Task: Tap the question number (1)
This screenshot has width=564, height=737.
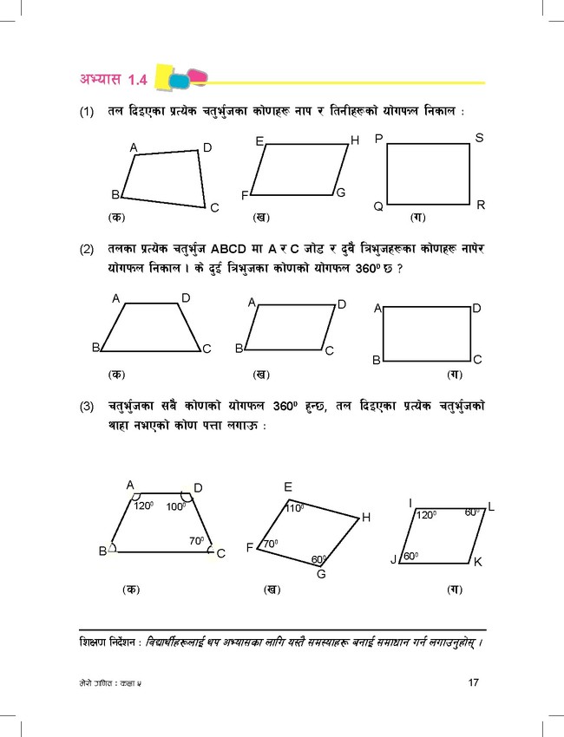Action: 87,113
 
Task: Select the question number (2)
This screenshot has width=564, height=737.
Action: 87,251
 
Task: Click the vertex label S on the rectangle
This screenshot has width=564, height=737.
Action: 480,138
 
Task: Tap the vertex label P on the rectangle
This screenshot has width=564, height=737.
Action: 378,139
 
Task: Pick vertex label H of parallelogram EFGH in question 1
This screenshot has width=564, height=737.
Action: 354,140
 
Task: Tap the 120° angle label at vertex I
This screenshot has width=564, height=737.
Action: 426,515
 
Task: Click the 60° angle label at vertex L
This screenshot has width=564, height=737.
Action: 473,512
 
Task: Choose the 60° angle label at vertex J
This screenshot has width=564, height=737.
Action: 410,556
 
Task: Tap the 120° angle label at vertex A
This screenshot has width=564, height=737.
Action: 144,504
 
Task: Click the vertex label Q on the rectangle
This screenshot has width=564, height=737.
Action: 378,206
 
